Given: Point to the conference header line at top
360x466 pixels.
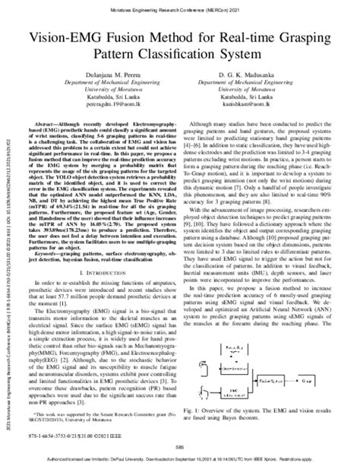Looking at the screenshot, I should tap(179, 6).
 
